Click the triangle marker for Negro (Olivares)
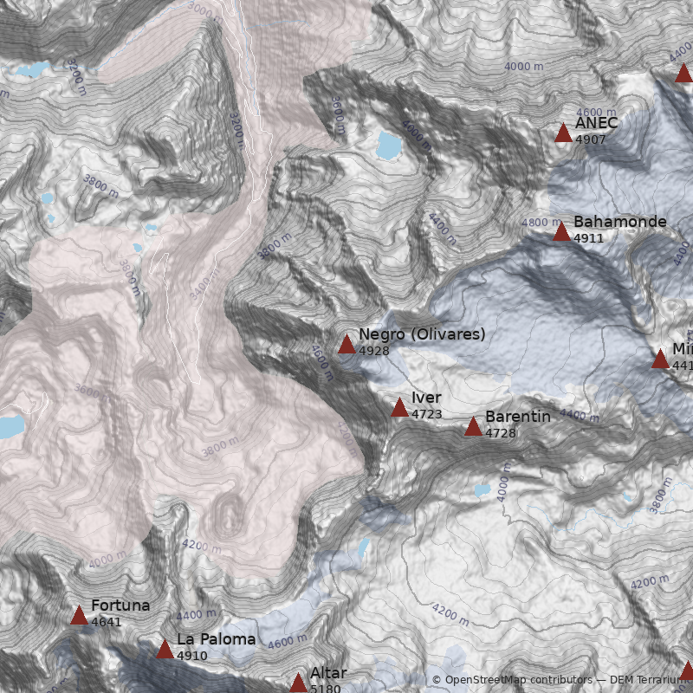(x=346, y=345)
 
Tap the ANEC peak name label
(x=596, y=123)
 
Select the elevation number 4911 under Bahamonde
(x=588, y=238)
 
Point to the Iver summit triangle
(x=399, y=408)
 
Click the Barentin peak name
(x=517, y=417)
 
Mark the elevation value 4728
(x=500, y=433)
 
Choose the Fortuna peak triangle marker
(x=79, y=616)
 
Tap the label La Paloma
(x=216, y=639)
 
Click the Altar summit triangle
(x=298, y=683)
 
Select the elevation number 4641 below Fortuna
(x=106, y=622)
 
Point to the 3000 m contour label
(x=204, y=10)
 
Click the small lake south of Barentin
(x=482, y=490)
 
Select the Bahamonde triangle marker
(x=561, y=231)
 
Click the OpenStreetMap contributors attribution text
(x=511, y=680)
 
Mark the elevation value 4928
(x=373, y=351)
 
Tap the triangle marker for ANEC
(x=563, y=133)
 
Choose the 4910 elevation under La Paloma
(x=191, y=656)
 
